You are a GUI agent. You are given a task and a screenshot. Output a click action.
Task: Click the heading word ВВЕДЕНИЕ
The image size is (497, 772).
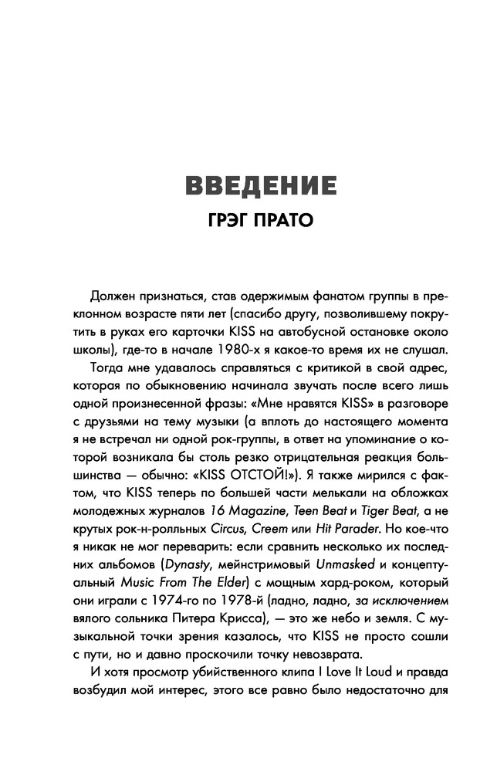pyautogui.click(x=252, y=188)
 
